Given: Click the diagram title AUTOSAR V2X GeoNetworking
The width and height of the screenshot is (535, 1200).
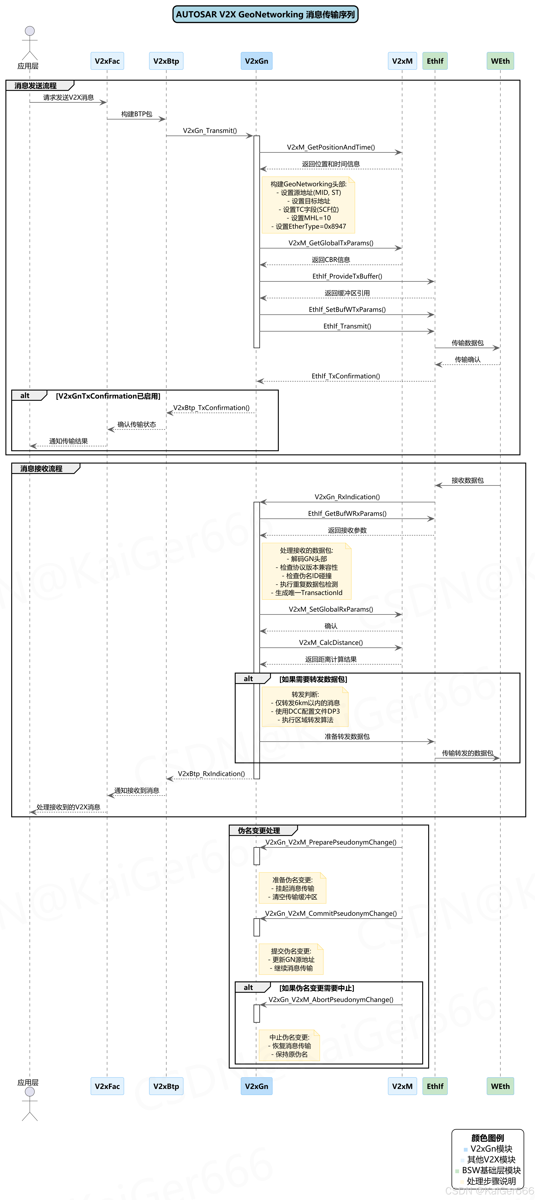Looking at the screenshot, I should [x=265, y=14].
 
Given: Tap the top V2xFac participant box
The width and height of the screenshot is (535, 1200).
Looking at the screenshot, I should [x=107, y=61].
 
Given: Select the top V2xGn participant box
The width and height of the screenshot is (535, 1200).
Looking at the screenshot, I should [x=256, y=61].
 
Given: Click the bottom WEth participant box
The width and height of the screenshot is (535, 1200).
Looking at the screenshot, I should [x=500, y=1086].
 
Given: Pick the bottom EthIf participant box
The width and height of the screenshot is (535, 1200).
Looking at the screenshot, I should [x=435, y=1086].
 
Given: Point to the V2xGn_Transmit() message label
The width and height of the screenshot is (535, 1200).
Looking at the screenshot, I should [x=210, y=130].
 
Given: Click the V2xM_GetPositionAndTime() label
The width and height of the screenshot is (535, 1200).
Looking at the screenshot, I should [x=331, y=147].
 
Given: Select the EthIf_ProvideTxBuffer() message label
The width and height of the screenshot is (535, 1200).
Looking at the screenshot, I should [x=347, y=276].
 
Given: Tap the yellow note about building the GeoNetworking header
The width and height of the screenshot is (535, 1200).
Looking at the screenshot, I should [x=308, y=205].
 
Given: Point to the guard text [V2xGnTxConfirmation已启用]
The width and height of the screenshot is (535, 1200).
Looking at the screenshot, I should [x=108, y=396].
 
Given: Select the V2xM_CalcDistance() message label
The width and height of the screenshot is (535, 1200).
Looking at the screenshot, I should [x=331, y=642].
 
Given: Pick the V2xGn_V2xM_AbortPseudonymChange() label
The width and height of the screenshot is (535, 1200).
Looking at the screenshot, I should [x=331, y=1000].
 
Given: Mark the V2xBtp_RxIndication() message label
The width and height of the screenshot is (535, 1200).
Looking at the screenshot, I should [x=211, y=774].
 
